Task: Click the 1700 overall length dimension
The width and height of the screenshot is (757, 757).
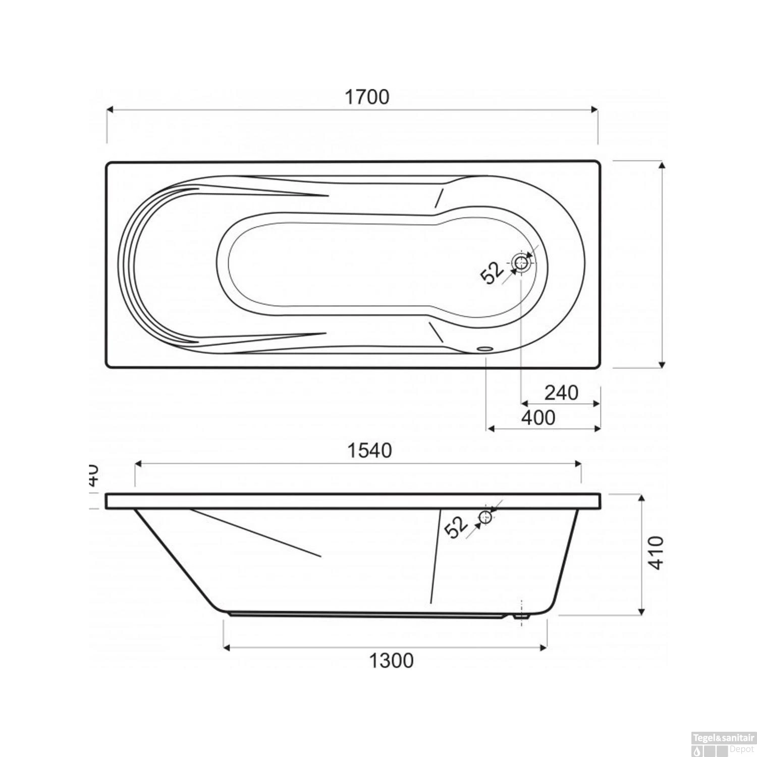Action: [x=367, y=97]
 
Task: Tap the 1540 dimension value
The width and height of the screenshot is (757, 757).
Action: [x=369, y=451]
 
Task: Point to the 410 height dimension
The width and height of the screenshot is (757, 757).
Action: [x=655, y=553]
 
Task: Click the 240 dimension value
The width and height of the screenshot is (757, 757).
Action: [x=561, y=392]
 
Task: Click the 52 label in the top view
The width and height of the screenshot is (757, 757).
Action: [x=492, y=274]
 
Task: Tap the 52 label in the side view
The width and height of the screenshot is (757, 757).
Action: [x=457, y=528]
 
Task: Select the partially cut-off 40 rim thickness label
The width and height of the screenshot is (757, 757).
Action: [x=93, y=475]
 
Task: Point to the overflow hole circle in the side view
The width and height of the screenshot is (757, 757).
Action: [x=485, y=517]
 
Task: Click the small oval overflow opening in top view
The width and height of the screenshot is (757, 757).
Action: [x=485, y=348]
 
